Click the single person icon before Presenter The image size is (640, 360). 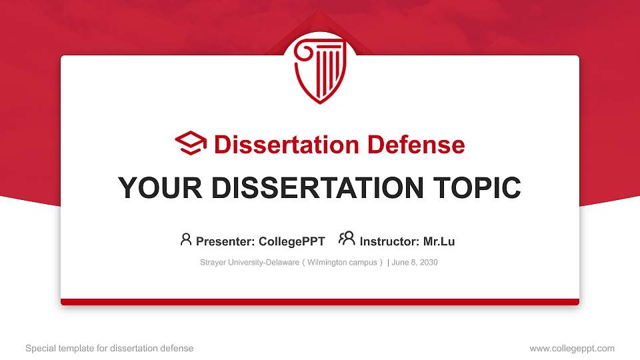pyautogui.click(x=186, y=239)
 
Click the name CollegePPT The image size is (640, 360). pyautogui.click(x=292, y=241)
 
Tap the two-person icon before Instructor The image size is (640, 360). pyautogui.click(x=347, y=239)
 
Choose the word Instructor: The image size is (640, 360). pyautogui.click(x=389, y=241)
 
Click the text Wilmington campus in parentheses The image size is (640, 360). pyautogui.click(x=343, y=263)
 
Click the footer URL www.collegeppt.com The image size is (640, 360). pyautogui.click(x=572, y=348)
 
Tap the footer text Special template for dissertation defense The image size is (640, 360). pyautogui.click(x=109, y=348)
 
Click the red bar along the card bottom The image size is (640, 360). pyautogui.click(x=320, y=302)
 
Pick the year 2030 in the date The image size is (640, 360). pyautogui.click(x=428, y=263)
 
